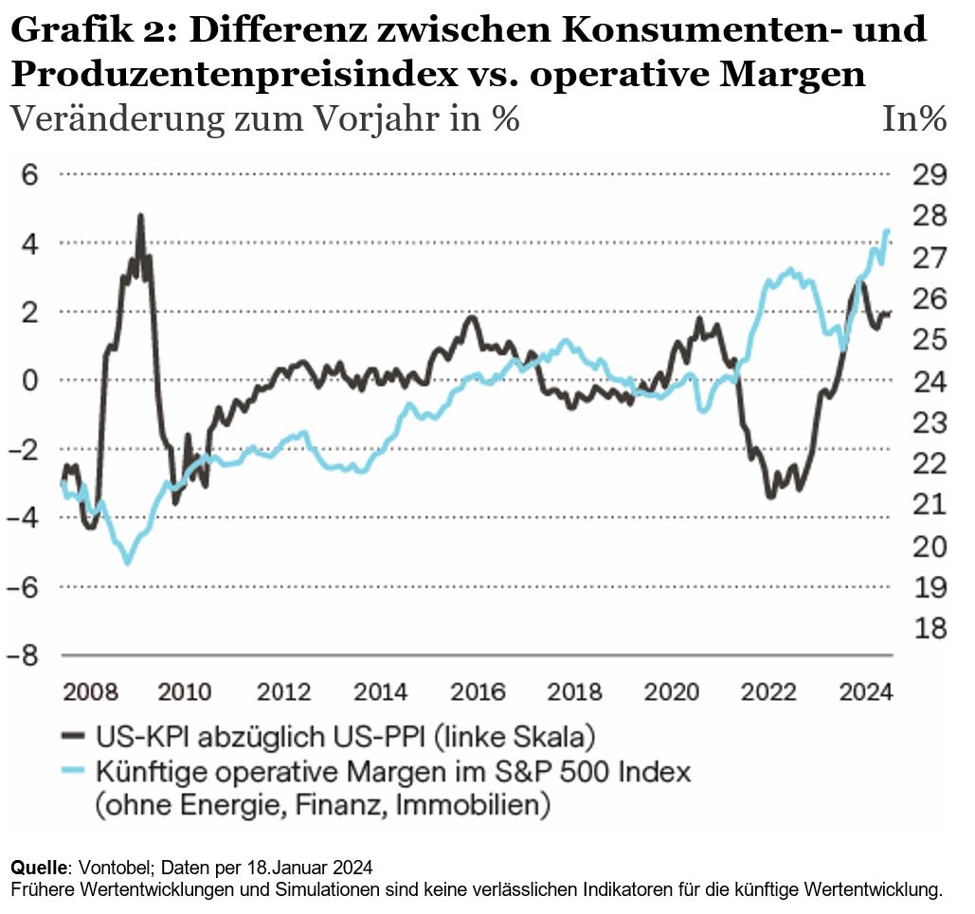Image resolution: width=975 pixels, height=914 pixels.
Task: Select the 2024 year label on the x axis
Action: (864, 692)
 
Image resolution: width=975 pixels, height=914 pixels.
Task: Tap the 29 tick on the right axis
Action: (929, 175)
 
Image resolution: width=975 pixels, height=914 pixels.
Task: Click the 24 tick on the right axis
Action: (929, 382)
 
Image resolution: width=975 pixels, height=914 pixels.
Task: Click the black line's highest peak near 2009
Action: (140, 216)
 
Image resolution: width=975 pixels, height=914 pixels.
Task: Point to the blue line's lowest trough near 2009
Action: (128, 564)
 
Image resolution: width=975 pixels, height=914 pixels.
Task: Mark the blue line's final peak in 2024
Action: (888, 230)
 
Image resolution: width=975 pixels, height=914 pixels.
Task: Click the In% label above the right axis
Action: (914, 119)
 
